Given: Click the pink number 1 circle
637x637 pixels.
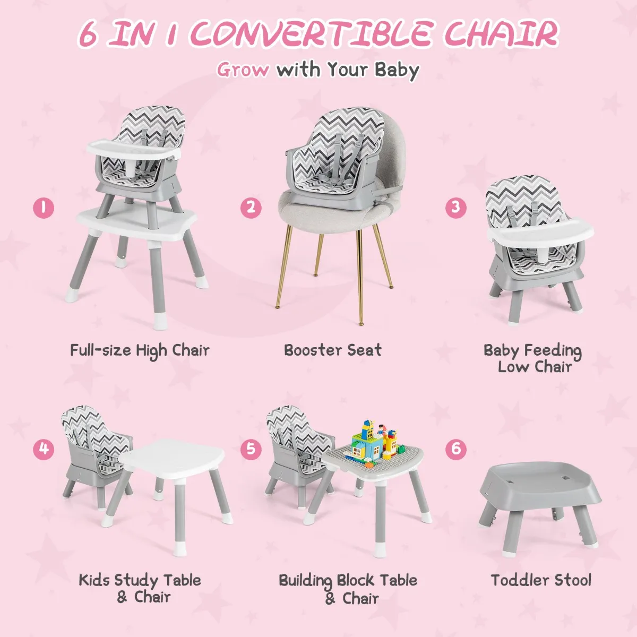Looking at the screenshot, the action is point(44,208).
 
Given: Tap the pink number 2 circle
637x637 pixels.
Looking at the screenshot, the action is point(251,208).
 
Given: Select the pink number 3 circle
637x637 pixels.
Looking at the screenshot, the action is point(456,207).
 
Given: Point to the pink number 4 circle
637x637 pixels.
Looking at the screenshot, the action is point(44,449).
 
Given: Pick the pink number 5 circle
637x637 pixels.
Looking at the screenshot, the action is point(251,449).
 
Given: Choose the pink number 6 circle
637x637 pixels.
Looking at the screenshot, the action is point(456,449).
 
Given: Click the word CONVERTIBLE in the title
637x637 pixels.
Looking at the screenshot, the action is point(312,35).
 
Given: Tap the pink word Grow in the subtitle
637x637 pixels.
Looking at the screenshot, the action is point(243,70).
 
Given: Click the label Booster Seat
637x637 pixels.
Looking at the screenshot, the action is point(332,350).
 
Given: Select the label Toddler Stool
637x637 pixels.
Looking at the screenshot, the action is point(541,589).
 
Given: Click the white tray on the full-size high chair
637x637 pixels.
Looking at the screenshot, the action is point(134,149).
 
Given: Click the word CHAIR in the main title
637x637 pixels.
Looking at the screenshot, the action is point(501,34).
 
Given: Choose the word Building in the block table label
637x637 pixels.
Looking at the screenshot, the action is point(305,581).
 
